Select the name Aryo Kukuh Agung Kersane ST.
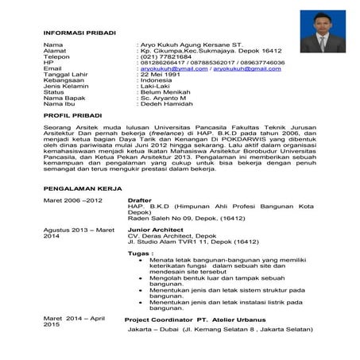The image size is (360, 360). coord(192,45)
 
